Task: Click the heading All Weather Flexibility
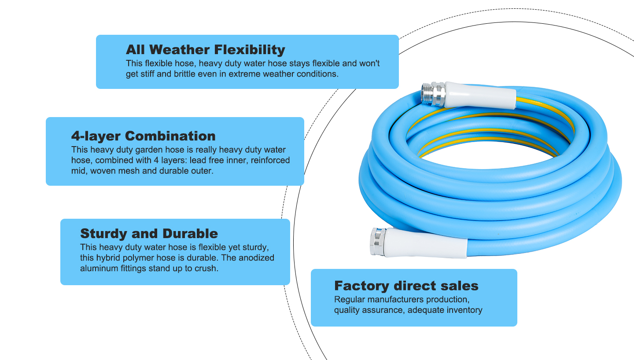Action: click(x=205, y=49)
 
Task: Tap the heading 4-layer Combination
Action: click(x=143, y=136)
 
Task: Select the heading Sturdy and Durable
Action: click(x=149, y=233)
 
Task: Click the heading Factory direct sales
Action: click(x=406, y=286)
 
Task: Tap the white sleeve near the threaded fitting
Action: click(x=480, y=96)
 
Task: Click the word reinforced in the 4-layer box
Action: click(x=270, y=160)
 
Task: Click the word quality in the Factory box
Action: click(x=346, y=310)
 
